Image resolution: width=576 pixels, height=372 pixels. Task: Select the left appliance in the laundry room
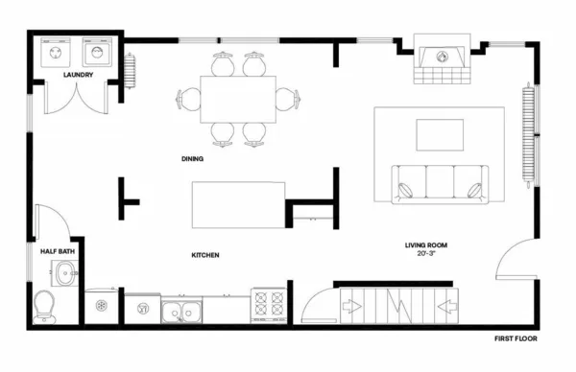point(53,50)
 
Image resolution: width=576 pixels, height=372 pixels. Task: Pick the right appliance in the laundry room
point(99,50)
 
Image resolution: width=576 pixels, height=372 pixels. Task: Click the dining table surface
point(238,98)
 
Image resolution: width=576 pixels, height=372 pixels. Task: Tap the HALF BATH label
point(58,251)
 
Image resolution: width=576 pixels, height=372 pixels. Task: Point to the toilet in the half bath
point(43,306)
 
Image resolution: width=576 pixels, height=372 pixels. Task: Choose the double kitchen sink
point(181,311)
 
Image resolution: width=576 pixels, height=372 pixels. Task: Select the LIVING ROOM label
point(426,245)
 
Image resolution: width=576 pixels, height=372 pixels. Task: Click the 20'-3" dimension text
point(426,255)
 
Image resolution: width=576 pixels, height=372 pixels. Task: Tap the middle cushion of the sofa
point(441,181)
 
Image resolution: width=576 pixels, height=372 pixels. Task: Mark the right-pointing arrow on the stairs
point(352,308)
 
